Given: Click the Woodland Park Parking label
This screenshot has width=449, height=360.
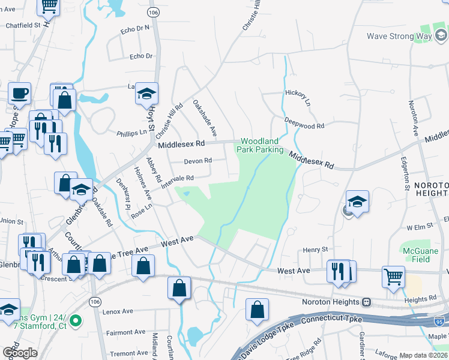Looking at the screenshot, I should [x=262, y=145].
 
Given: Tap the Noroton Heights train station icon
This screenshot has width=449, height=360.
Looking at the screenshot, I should [x=366, y=302].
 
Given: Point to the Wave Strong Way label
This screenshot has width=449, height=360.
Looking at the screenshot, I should [x=399, y=36].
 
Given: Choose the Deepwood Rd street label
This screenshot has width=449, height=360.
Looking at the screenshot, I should [x=304, y=123].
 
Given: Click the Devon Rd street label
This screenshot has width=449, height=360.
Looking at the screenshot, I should [x=198, y=161].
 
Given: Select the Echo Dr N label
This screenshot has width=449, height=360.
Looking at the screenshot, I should [x=134, y=28].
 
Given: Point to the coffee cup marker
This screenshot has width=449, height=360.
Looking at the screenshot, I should [x=19, y=93].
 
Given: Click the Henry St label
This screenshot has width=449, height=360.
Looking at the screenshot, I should [x=316, y=249].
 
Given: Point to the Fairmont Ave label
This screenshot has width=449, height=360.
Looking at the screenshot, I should [x=126, y=332].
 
